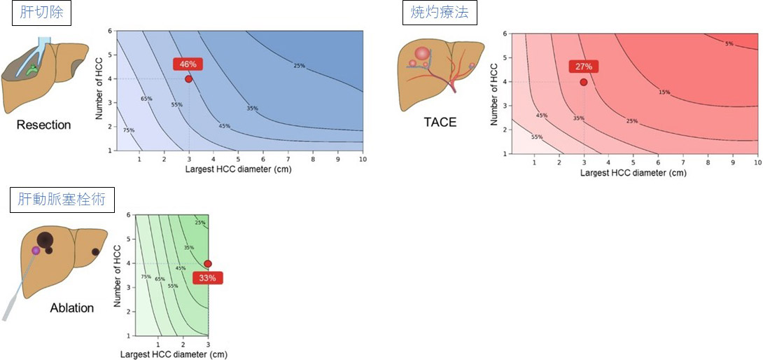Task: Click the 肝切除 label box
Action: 41,13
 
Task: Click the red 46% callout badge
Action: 188,64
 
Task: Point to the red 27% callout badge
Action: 584,67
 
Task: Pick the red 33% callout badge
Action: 208,278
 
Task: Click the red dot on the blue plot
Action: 188,79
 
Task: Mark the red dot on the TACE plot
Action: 584,82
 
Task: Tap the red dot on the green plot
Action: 208,264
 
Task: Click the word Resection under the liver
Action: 43,125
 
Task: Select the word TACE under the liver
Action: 440,122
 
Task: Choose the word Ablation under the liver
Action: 72,307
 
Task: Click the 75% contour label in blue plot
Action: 129,130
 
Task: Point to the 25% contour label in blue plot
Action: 299,66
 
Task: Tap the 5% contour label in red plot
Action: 729,43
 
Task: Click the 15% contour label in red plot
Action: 664,92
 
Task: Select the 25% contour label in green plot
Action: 199,223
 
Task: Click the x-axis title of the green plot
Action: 173,354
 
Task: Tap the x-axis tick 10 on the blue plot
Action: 363,160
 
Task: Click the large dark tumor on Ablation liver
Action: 45,239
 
